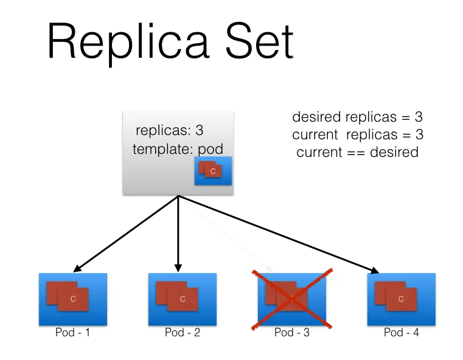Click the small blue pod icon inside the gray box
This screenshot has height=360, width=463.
click(x=213, y=171)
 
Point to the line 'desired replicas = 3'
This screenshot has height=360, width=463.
click(x=357, y=117)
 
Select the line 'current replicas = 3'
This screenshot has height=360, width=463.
click(x=357, y=134)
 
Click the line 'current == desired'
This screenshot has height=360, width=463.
click(x=357, y=152)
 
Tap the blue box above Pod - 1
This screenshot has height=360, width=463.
click(x=72, y=299)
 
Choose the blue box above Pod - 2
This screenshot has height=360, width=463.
click(x=183, y=299)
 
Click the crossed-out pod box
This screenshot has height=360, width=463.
click(x=292, y=299)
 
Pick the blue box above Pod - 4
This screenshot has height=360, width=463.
click(x=401, y=299)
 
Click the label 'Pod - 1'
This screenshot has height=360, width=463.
click(x=72, y=333)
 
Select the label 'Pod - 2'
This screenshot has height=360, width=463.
click(x=183, y=333)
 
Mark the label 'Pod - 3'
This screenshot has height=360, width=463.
click(x=292, y=333)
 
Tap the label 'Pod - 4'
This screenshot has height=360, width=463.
click(x=401, y=333)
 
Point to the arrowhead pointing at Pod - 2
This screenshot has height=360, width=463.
click(x=178, y=268)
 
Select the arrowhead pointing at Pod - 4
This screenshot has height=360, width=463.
click(x=375, y=271)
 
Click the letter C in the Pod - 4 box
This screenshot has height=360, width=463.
click(x=400, y=299)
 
